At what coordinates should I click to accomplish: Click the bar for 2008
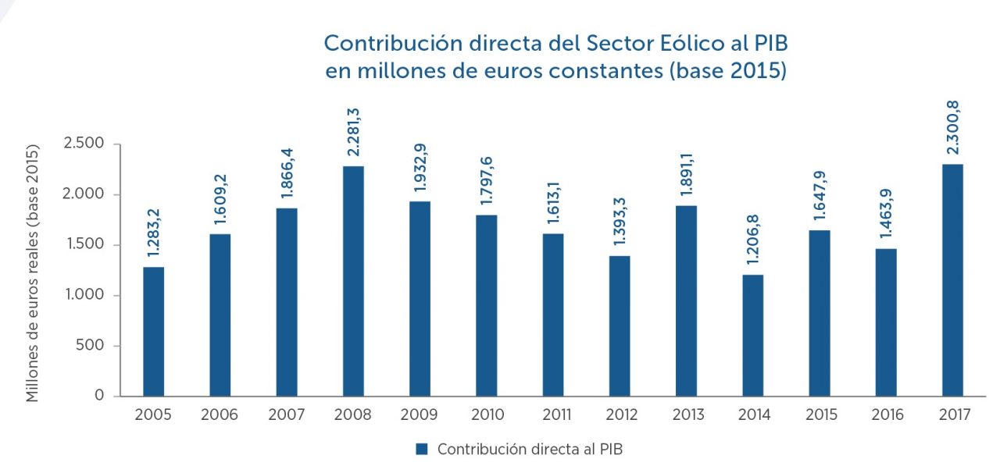353,281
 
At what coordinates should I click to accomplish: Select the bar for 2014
752,336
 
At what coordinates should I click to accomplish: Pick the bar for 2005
153,332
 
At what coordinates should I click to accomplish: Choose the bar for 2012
620,326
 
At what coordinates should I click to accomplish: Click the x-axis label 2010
486,415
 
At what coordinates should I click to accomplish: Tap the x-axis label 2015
819,415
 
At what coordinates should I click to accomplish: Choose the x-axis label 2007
287,415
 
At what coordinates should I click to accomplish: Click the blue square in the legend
422,449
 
